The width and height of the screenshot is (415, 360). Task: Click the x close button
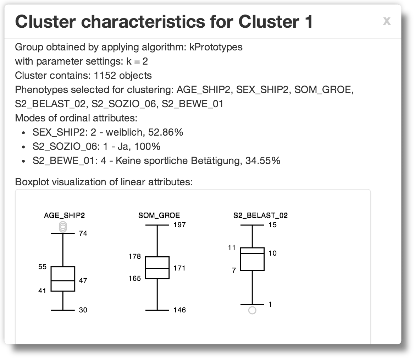coord(387,21)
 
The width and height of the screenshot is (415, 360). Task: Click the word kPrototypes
coord(216,47)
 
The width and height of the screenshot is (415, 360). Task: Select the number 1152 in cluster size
coord(105,76)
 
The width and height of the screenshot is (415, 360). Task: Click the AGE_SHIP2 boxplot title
coord(64,216)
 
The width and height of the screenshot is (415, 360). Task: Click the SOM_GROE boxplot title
coord(159,216)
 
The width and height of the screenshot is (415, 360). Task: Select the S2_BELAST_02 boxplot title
coord(260,216)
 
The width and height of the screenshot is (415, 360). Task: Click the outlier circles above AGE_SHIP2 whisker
coord(63,227)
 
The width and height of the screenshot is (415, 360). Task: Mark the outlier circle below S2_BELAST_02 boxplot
coord(252,310)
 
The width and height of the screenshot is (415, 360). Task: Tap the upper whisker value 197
coord(180,225)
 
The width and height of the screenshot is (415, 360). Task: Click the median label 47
coord(83,280)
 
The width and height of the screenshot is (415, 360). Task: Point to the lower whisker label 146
coord(180,310)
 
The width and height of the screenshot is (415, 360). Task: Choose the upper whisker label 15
coord(273,225)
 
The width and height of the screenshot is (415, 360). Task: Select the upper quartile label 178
coord(135,256)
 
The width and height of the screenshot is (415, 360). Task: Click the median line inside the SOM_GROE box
coord(157,268)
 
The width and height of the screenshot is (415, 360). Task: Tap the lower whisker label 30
coord(83,310)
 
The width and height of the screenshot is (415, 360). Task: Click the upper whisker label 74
coord(83,233)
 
